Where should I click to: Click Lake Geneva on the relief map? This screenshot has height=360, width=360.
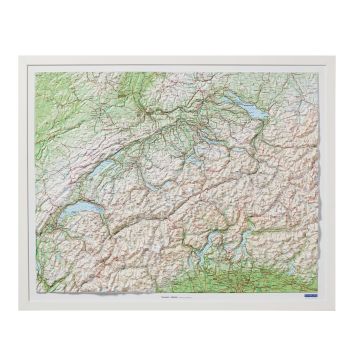[76, 211]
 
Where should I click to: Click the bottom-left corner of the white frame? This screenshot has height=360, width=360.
[19, 307]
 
